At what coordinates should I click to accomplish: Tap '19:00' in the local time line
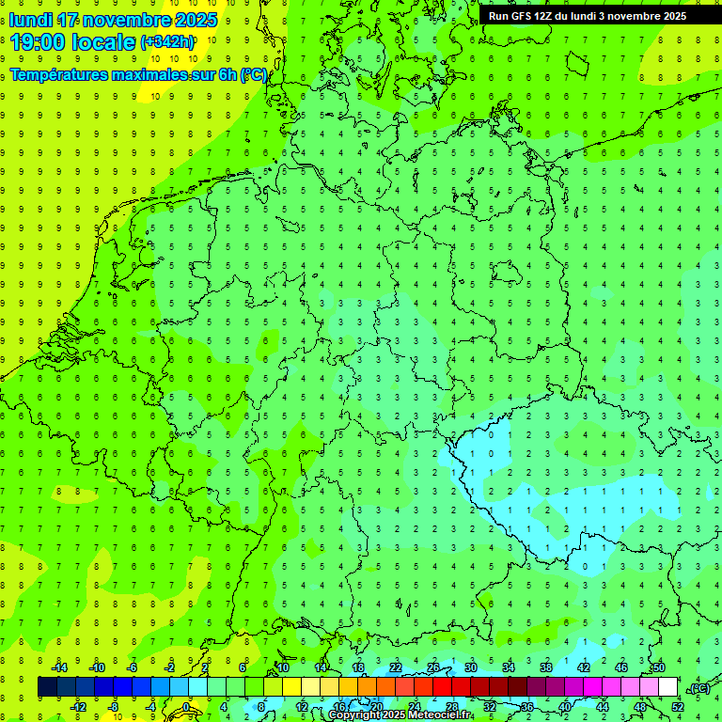tap(38, 42)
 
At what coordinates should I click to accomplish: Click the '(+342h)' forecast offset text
tap(167, 42)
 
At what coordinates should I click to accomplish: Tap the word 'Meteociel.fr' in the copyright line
tap(441, 715)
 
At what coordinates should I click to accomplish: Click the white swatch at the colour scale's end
tap(667, 687)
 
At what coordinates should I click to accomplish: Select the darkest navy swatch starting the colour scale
tap(47, 687)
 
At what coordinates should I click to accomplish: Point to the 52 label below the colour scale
tap(678, 707)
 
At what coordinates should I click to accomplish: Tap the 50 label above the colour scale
tap(659, 667)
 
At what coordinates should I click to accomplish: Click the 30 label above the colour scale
tap(471, 667)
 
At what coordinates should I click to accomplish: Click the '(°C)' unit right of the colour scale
tap(698, 688)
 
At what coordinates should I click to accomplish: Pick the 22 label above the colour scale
tap(396, 667)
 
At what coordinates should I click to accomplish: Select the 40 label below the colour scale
tap(565, 707)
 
